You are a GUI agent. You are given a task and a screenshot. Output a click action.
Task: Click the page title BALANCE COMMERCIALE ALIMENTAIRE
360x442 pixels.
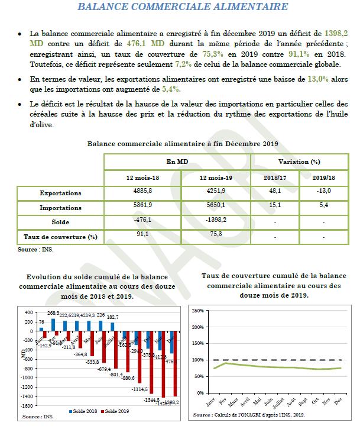click(183, 8)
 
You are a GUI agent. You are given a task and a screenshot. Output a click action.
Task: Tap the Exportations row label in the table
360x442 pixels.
click(60, 193)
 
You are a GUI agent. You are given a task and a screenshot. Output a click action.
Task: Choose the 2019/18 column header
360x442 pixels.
click(324, 178)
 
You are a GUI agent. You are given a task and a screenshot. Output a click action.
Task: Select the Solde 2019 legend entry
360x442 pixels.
click(118, 411)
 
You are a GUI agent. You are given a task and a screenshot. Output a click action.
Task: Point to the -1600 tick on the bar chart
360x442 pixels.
click(27, 406)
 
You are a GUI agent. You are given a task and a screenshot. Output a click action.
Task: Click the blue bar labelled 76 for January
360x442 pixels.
click(41, 329)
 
